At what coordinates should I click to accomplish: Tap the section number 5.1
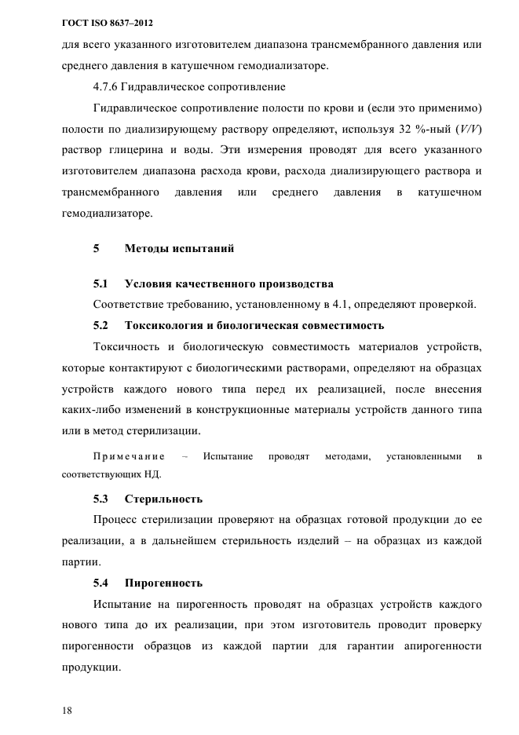point(101,283)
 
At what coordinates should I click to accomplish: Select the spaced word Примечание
point(128,456)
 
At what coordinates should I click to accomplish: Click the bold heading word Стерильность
point(163,499)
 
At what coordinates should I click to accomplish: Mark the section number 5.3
point(101,499)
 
